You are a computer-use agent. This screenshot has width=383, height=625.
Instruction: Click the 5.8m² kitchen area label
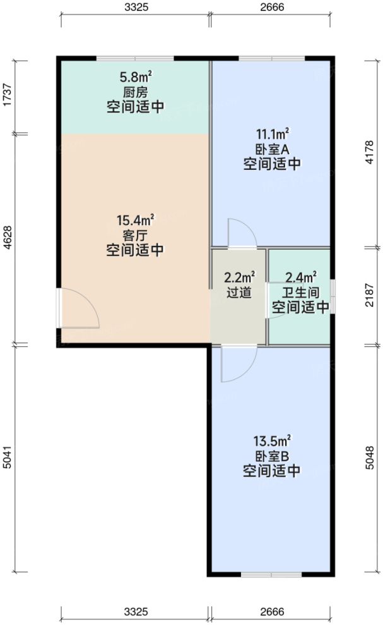[x=136, y=78]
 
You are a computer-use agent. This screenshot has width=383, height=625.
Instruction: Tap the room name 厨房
[x=136, y=92]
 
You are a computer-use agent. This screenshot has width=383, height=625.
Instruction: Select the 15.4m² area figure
[x=136, y=221]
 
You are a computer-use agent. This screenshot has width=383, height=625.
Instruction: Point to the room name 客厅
[x=136, y=234]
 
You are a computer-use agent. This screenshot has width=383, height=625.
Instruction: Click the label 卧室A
[x=272, y=150]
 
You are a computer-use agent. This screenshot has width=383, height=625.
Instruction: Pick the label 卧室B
[x=272, y=456]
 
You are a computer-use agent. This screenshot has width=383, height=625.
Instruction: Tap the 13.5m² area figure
[x=272, y=440]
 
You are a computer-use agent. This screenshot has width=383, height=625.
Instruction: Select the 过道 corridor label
[x=239, y=293]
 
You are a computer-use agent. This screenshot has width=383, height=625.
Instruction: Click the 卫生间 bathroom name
[x=300, y=293]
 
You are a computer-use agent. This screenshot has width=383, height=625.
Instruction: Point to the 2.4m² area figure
[x=300, y=277]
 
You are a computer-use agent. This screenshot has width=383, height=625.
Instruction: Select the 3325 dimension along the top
[x=136, y=8]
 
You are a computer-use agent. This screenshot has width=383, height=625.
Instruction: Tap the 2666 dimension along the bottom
[x=272, y=612]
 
